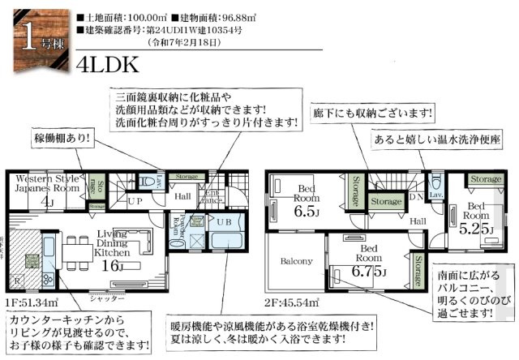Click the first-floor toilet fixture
(x=147, y=182)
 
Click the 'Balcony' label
(x=297, y=261)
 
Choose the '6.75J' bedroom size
(x=371, y=270)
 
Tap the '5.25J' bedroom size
(x=475, y=229)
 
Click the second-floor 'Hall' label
(x=418, y=220)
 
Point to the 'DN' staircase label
(x=415, y=196)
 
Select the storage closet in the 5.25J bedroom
(x=486, y=179)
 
